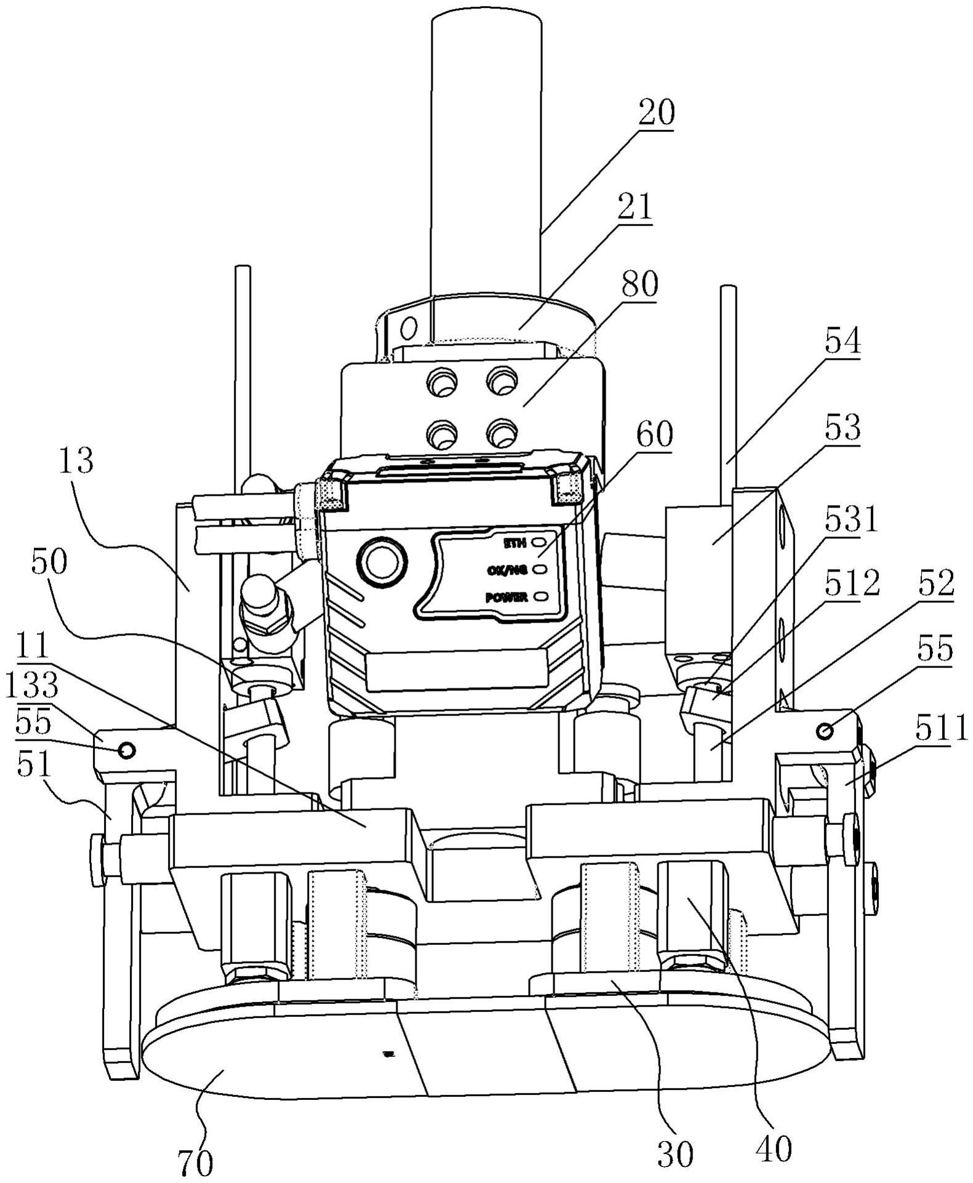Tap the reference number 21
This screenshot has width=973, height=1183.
[x=634, y=209]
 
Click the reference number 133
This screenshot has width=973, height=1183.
[x=33, y=686]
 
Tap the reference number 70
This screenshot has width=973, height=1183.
[x=195, y=1161]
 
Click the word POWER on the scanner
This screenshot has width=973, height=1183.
[x=506, y=597]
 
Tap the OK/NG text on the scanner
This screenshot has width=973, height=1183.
[x=507, y=570]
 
